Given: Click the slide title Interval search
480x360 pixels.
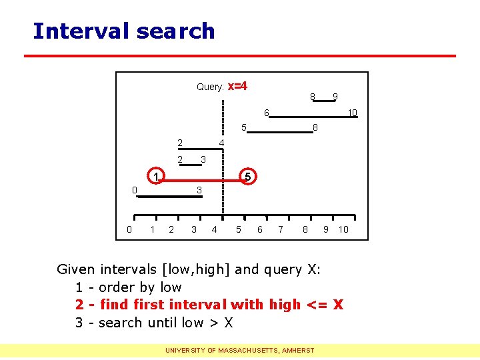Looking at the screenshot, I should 123,31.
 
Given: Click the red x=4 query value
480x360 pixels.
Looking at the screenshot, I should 237,86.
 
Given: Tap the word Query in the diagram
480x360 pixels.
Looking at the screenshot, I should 209,87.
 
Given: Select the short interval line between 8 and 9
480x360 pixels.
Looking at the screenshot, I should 325,101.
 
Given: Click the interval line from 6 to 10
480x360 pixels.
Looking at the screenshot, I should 313,117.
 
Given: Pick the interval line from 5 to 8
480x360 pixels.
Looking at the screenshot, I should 280,133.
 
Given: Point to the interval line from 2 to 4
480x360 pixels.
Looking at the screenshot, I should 201,148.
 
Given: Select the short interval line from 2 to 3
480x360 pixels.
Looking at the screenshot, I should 191,163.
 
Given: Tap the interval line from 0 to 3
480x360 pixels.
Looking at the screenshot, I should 166,197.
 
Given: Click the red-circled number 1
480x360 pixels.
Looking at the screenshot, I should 155,177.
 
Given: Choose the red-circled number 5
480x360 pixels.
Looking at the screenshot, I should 247,177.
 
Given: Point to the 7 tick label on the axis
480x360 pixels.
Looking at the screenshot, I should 281,229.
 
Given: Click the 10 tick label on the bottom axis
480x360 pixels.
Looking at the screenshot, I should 343,229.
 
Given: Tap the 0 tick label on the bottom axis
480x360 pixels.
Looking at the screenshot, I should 129,229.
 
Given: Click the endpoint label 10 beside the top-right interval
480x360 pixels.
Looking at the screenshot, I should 353,113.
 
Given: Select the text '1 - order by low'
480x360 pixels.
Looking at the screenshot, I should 128,287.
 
